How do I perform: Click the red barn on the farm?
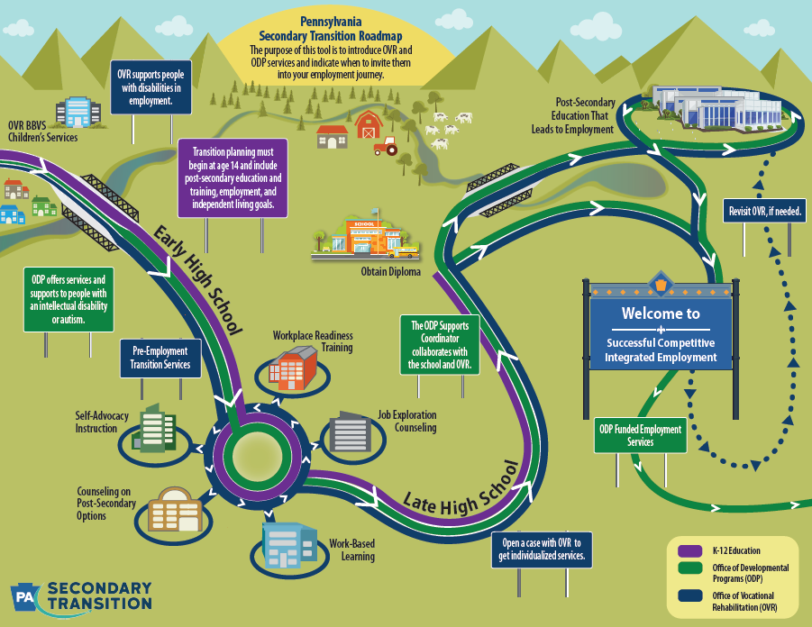[x=370, y=124]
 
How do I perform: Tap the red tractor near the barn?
[x=386, y=146]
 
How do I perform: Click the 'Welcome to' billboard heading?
[x=660, y=314]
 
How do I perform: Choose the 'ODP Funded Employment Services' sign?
[x=640, y=436]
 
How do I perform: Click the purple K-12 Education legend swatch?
[x=689, y=550]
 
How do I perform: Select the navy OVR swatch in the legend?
[x=689, y=597]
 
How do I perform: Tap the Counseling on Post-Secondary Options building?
[x=175, y=511]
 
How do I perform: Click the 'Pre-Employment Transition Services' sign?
[x=160, y=358]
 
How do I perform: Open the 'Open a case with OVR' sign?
[x=543, y=550]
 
